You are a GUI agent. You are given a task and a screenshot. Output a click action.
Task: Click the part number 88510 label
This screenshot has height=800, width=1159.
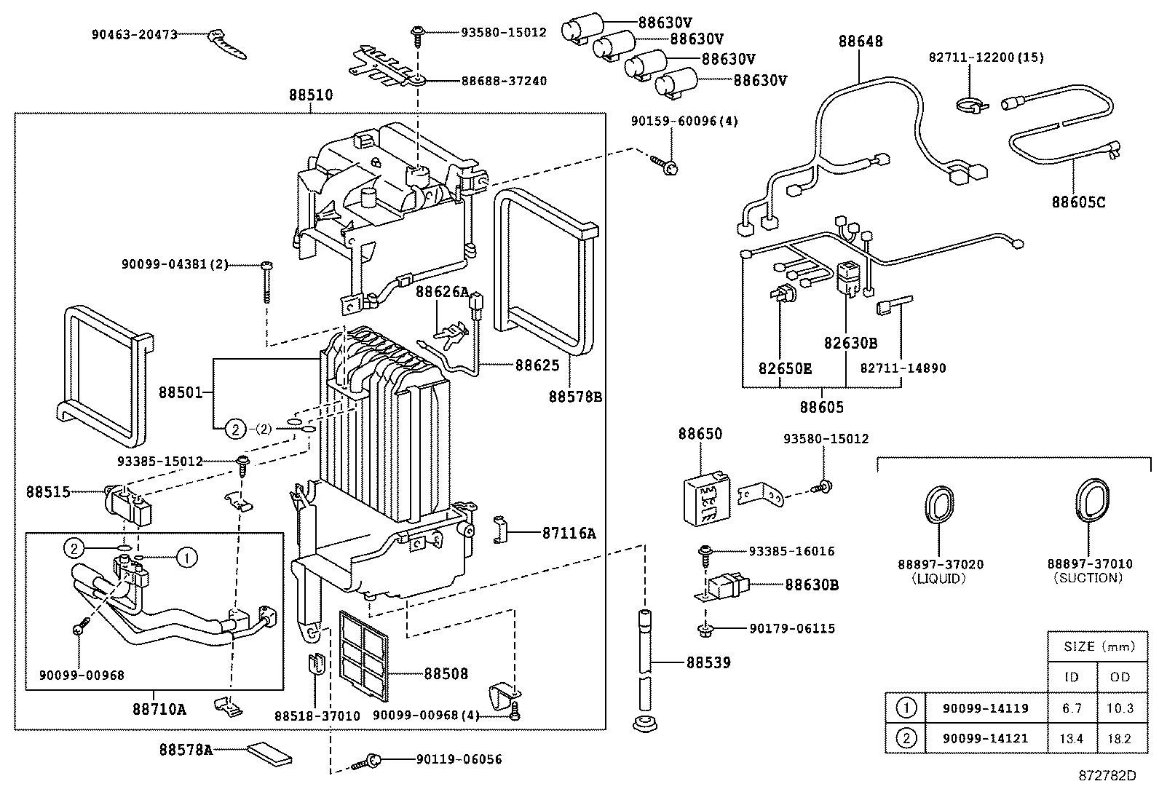click(310, 95)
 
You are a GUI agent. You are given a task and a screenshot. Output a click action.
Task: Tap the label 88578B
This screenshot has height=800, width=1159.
click(575, 397)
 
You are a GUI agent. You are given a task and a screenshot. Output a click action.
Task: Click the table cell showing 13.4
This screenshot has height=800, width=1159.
click(1071, 738)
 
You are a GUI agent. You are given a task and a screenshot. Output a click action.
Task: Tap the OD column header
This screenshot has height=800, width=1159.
click(1120, 676)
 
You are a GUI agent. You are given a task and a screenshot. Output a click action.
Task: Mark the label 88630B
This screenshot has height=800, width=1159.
click(811, 584)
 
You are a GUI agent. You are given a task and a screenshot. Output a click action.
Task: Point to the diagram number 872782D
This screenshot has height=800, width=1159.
click(1107, 775)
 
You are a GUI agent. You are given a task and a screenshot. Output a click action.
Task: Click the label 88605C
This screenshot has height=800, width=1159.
click(1077, 202)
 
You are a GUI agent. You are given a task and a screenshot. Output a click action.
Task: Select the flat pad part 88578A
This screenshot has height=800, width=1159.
click(270, 753)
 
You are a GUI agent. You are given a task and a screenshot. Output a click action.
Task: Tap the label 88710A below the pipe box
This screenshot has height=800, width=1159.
click(159, 708)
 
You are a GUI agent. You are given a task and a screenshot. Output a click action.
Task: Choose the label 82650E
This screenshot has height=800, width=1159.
click(784, 368)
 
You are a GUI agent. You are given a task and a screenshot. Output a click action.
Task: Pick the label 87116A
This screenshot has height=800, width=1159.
click(568, 533)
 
